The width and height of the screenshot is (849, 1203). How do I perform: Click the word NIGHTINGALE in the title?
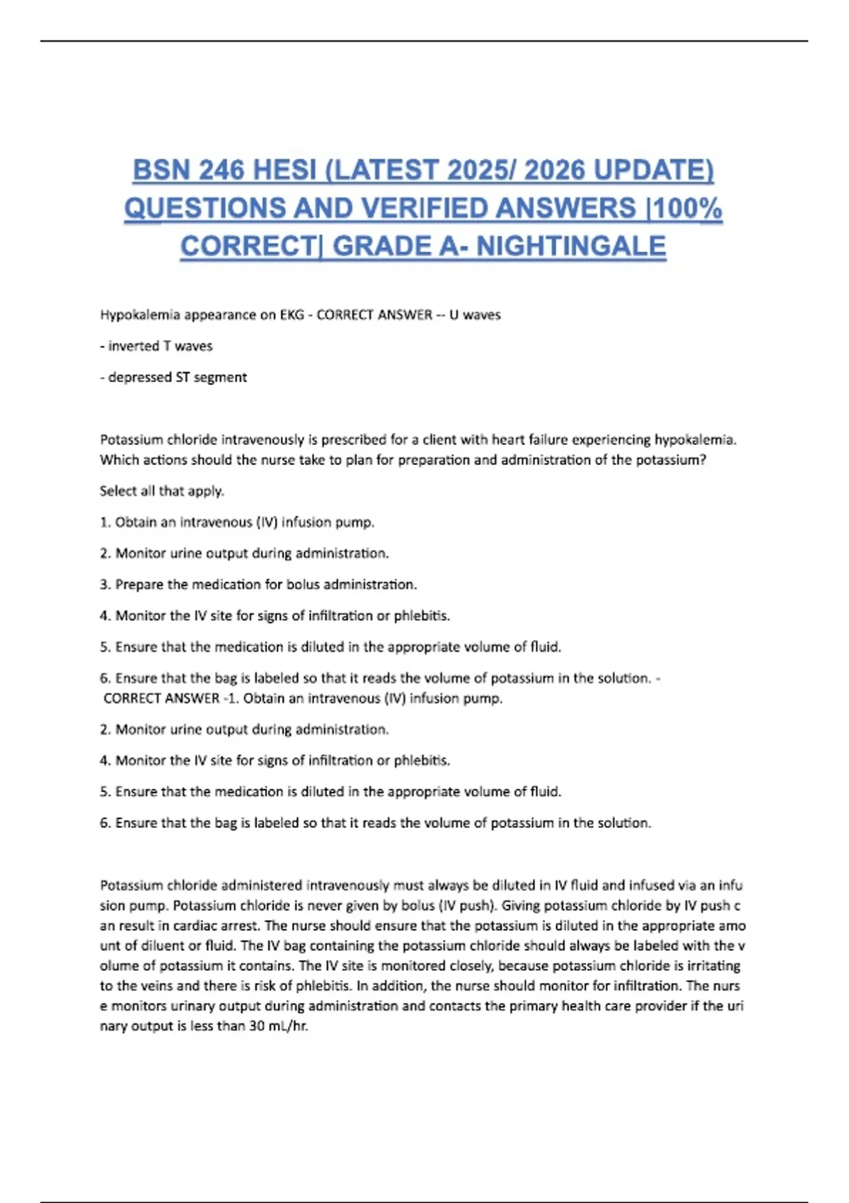(571, 247)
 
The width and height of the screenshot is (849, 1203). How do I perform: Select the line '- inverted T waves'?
(156, 346)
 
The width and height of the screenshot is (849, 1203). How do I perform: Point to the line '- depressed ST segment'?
(173, 377)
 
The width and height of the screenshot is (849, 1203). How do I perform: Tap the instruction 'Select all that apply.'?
(162, 491)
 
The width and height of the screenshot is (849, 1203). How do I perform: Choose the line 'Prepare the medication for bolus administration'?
(265, 585)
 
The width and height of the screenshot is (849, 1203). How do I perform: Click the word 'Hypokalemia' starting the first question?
(140, 315)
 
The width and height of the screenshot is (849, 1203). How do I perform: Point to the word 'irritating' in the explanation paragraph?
(713, 966)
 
